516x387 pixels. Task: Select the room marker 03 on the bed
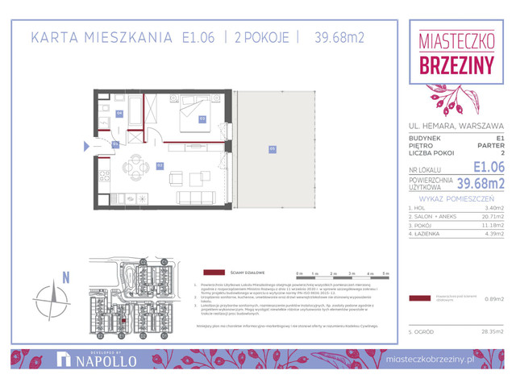pyautogui.click(x=202, y=119)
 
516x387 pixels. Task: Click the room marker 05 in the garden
pyautogui.click(x=273, y=148)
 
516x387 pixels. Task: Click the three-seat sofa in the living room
pyautogui.click(x=195, y=198)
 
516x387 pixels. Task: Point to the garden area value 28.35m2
pyautogui.click(x=490, y=331)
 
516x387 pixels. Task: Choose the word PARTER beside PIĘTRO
pyautogui.click(x=490, y=145)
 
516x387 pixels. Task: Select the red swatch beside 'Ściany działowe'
pyautogui.click(x=214, y=273)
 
